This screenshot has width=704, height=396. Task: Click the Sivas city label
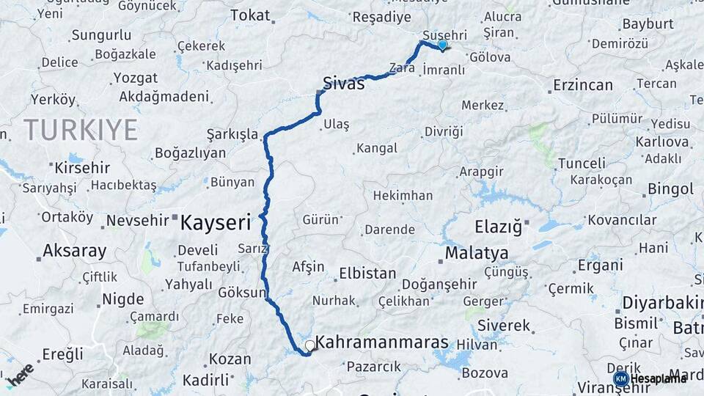(343, 83)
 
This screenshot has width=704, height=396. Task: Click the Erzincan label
(583, 85)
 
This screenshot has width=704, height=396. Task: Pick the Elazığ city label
(498, 227)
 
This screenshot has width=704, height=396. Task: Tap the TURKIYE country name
(81, 130)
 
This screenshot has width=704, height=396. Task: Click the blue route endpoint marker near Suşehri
(442, 45)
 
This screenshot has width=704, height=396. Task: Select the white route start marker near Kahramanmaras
(309, 345)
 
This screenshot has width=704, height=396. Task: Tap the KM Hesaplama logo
(650, 378)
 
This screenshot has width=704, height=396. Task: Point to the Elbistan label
(367, 274)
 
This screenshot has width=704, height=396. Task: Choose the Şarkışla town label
(232, 134)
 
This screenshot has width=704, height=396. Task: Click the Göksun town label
(242, 292)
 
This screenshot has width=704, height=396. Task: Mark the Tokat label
(250, 15)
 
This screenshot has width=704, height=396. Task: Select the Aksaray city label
(74, 250)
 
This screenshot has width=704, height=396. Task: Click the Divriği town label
(444, 131)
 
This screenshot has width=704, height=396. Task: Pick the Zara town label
(402, 68)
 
